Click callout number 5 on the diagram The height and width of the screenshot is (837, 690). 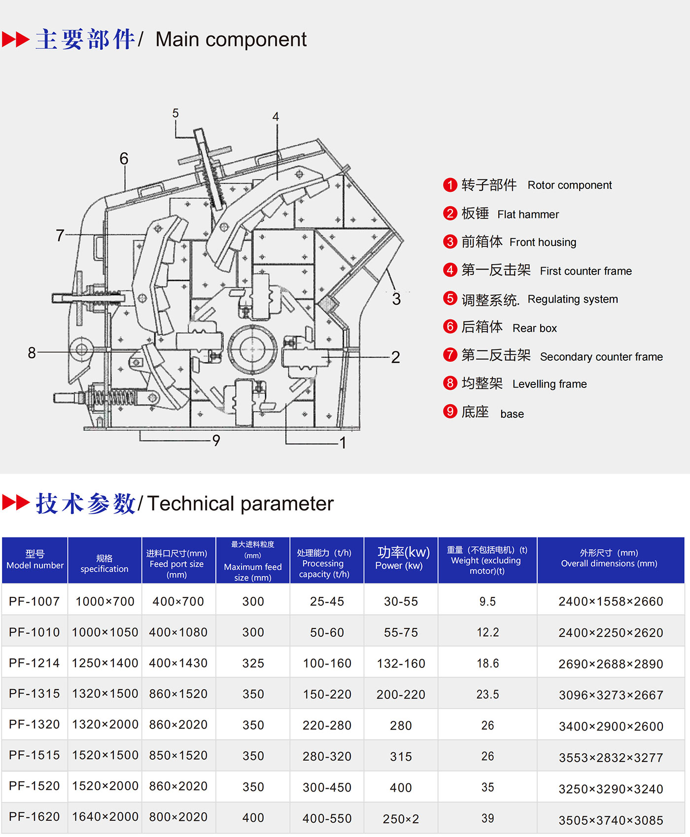pyautogui.click(x=175, y=113)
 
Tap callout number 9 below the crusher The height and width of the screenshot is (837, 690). pyautogui.click(x=216, y=440)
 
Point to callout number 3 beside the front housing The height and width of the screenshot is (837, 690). pyautogui.click(x=396, y=299)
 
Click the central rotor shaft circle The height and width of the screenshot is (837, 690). pyautogui.click(x=252, y=349)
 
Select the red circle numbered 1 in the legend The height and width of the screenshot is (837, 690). pyautogui.click(x=450, y=185)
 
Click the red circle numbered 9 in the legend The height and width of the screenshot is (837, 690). pyautogui.click(x=450, y=411)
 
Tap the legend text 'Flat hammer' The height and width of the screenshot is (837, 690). pyautogui.click(x=528, y=214)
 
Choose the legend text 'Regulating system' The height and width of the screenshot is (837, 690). pyautogui.click(x=572, y=299)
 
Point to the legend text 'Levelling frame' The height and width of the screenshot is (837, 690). pyautogui.click(x=550, y=384)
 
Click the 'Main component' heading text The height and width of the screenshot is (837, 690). pyautogui.click(x=231, y=39)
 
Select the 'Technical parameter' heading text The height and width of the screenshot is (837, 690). pyautogui.click(x=240, y=503)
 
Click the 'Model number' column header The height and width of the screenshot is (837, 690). pyautogui.click(x=35, y=560)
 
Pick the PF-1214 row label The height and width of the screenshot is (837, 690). pyautogui.click(x=34, y=663)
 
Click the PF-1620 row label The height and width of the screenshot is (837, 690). pyautogui.click(x=34, y=817)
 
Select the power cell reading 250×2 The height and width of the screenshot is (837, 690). pyautogui.click(x=401, y=819)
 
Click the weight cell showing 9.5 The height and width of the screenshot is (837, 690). pyautogui.click(x=487, y=601)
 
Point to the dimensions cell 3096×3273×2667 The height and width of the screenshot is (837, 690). pyautogui.click(x=611, y=695)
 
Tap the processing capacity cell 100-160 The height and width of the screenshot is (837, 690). pyautogui.click(x=327, y=663)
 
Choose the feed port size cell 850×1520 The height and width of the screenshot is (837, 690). pyautogui.click(x=178, y=755)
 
